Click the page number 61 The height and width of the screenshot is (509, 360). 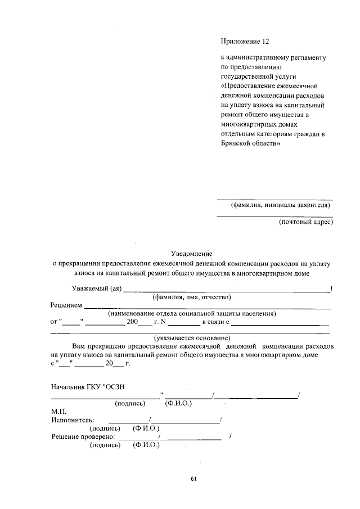[193, 479]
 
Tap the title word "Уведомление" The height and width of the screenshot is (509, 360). [195, 254]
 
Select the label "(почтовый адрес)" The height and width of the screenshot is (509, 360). [306, 222]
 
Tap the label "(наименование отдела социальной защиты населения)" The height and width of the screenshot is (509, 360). [192, 313]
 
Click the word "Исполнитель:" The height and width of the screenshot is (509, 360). [72, 420]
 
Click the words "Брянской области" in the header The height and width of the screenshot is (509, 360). [250, 143]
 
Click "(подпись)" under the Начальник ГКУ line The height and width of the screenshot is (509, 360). [130, 403]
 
